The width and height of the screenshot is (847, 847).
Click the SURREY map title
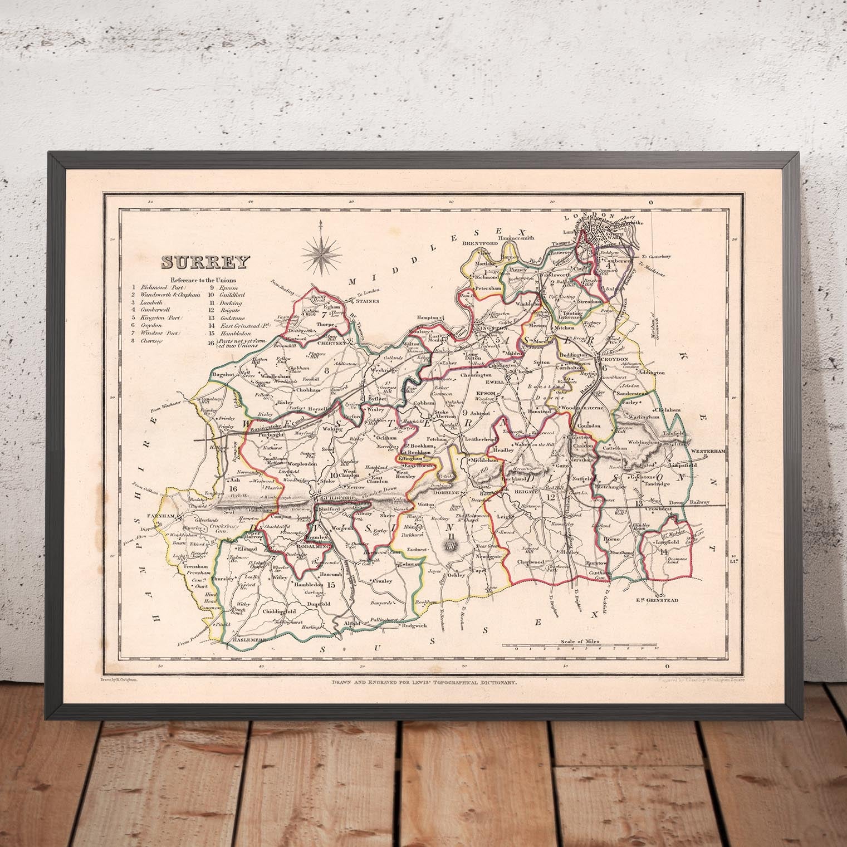tap(205, 261)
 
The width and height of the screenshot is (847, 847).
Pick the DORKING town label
tap(445, 493)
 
